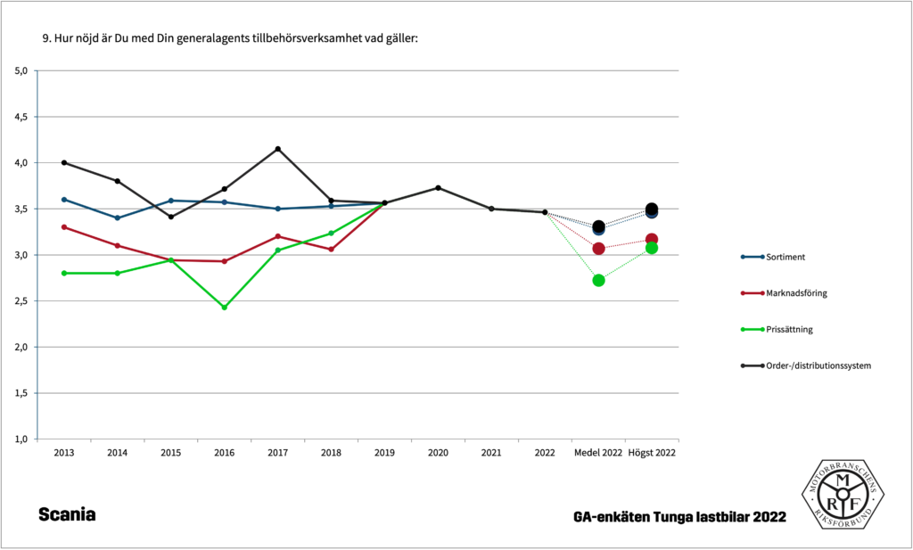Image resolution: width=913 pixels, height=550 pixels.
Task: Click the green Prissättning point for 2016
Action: (x=224, y=308)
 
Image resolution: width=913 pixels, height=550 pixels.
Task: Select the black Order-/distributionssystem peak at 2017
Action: (x=277, y=149)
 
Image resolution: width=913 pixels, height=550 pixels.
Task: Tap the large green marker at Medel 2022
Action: (x=598, y=280)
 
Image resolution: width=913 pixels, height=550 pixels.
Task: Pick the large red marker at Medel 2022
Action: (x=598, y=248)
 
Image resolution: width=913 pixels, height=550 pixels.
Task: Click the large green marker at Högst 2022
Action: (x=652, y=248)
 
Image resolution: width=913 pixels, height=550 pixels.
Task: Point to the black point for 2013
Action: (x=64, y=162)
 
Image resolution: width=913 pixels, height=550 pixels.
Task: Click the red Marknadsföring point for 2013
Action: (x=64, y=227)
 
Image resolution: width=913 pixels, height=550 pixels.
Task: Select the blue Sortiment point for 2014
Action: (x=117, y=218)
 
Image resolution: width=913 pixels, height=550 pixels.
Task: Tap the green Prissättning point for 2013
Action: (x=64, y=273)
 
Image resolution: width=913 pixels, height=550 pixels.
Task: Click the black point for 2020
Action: (x=438, y=187)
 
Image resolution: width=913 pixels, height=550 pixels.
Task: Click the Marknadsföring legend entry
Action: (x=785, y=293)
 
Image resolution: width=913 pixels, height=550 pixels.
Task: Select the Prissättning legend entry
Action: (x=780, y=329)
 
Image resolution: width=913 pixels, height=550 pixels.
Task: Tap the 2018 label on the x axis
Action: (x=331, y=453)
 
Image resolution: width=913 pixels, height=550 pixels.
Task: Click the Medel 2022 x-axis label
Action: (x=598, y=453)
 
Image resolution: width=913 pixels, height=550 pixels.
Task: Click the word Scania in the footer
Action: (x=67, y=515)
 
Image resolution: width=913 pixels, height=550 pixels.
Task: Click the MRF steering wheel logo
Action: (x=843, y=496)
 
